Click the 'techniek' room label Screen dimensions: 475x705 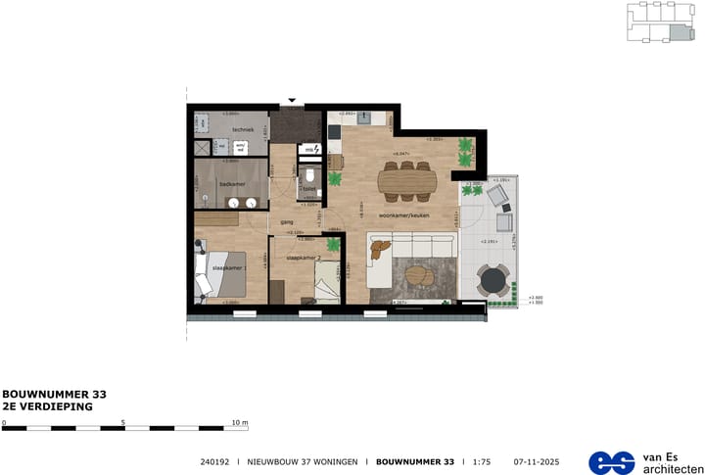242,130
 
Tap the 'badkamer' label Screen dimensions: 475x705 232,183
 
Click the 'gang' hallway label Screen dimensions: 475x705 288,222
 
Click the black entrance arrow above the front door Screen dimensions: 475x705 291,100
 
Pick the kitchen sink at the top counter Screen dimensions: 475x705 364,119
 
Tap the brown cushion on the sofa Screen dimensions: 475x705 375,252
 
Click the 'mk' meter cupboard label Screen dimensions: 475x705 307,149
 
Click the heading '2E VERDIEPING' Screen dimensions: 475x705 47,405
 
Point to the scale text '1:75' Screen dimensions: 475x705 481,461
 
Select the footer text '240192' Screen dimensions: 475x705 214,461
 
